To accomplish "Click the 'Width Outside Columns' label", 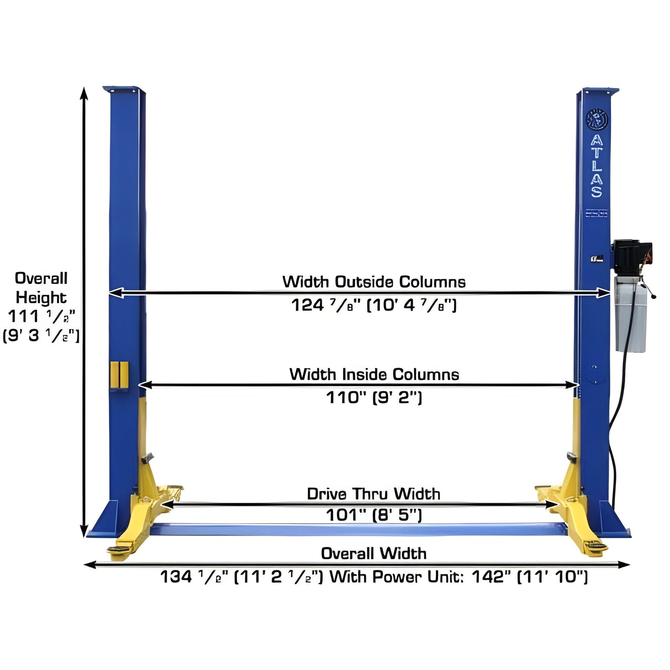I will (374, 282).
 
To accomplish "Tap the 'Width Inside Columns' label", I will (374, 374).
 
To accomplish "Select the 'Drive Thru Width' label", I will (373, 494).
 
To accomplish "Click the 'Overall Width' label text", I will (373, 553).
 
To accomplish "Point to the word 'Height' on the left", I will (41, 297).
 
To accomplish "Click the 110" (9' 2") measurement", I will (374, 397).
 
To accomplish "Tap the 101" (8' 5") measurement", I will (374, 515).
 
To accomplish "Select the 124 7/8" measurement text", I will (374, 305).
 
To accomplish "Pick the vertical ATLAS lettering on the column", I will (597, 166).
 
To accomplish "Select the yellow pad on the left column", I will (119, 375).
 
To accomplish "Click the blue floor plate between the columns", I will (357, 529).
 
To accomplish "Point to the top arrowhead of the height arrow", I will (84, 93).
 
